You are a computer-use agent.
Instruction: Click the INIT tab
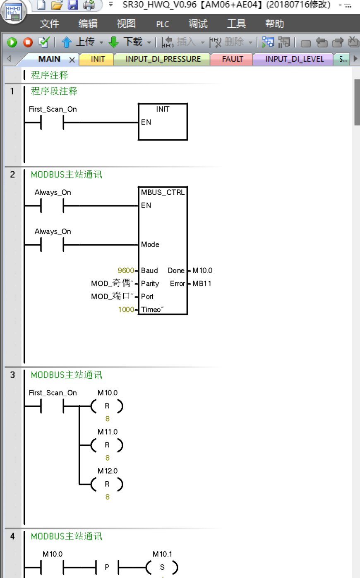pyautogui.click(x=98, y=59)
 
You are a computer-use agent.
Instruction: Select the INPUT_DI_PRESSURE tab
pyautogui.click(x=163, y=59)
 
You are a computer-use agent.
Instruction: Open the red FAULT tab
pyautogui.click(x=232, y=59)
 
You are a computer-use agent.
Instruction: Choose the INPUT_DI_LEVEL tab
pyautogui.click(x=294, y=59)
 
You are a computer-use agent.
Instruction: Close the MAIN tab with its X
pyautogui.click(x=72, y=60)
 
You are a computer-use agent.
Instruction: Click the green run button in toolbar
pyautogui.click(x=12, y=42)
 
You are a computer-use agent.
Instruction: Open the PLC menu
pyautogui.click(x=162, y=24)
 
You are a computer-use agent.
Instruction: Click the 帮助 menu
pyautogui.click(x=274, y=24)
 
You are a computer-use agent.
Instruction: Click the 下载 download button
pyautogui.click(x=127, y=42)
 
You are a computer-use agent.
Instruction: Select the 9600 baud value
pyautogui.click(x=126, y=270)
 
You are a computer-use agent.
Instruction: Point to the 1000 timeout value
pyautogui.click(x=126, y=309)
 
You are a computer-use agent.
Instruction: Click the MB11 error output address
pyautogui.click(x=202, y=284)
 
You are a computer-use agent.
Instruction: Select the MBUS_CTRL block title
pyautogui.click(x=163, y=192)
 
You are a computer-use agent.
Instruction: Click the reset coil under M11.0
pyautogui.click(x=107, y=445)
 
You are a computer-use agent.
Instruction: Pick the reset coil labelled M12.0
pyautogui.click(x=107, y=484)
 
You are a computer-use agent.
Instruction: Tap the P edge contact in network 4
pyautogui.click(x=107, y=567)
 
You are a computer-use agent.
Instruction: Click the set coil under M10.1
pyautogui.click(x=162, y=567)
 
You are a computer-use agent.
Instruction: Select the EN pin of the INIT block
pyautogui.click(x=146, y=122)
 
